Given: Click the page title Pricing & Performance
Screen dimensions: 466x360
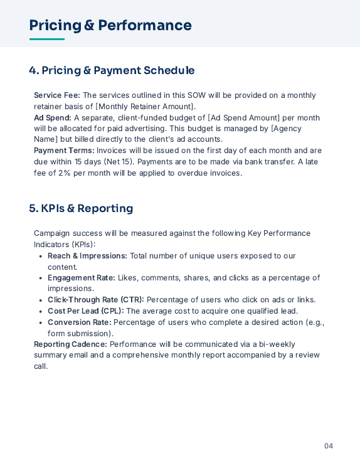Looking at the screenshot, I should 110,26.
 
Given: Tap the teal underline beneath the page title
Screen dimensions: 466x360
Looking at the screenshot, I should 47,40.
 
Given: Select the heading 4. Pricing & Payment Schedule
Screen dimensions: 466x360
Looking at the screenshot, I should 112,70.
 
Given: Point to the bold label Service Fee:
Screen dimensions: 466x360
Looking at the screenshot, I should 57,95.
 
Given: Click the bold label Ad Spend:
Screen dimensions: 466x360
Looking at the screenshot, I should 53,118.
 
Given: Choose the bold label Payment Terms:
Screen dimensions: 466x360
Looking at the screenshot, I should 64,151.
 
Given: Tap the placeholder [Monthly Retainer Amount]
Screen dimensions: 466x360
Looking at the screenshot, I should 146,107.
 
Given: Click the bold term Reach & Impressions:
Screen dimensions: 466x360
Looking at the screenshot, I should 87,256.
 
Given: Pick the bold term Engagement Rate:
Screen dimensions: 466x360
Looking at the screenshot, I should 82,278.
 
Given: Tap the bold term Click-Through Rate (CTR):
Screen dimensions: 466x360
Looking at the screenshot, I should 96,300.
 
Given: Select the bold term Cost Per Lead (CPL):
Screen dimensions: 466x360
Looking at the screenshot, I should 86,311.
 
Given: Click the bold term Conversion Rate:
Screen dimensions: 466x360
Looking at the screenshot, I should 79,322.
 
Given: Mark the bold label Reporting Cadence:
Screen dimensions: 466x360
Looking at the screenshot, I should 70,344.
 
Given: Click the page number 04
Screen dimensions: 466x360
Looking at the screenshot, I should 329,446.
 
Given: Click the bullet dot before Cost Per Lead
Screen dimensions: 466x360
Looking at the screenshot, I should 41,312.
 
